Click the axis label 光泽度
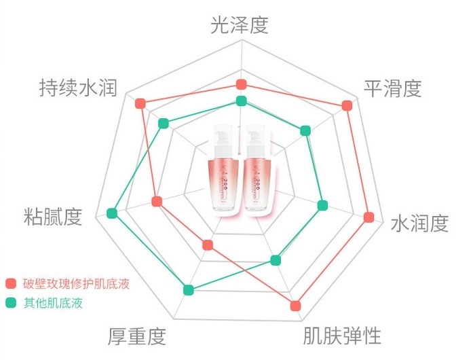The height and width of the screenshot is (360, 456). [x=239, y=25]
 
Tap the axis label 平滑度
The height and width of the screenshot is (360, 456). [x=393, y=89]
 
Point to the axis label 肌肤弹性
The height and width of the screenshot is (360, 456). [x=342, y=336]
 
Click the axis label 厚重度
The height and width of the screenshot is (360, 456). [x=137, y=336]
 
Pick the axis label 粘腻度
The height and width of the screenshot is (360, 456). [x=52, y=217]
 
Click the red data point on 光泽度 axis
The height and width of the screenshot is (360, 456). [x=240, y=84]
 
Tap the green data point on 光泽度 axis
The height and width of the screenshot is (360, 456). [x=240, y=101]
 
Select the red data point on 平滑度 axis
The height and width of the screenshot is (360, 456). [x=347, y=105]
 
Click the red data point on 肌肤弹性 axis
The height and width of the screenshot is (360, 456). [x=295, y=306]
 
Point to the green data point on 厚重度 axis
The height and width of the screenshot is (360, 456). [x=189, y=290]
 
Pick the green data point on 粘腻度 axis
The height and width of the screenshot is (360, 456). [x=113, y=213]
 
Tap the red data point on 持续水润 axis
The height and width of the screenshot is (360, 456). [x=140, y=103]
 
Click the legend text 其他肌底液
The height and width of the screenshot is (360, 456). [x=53, y=303]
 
